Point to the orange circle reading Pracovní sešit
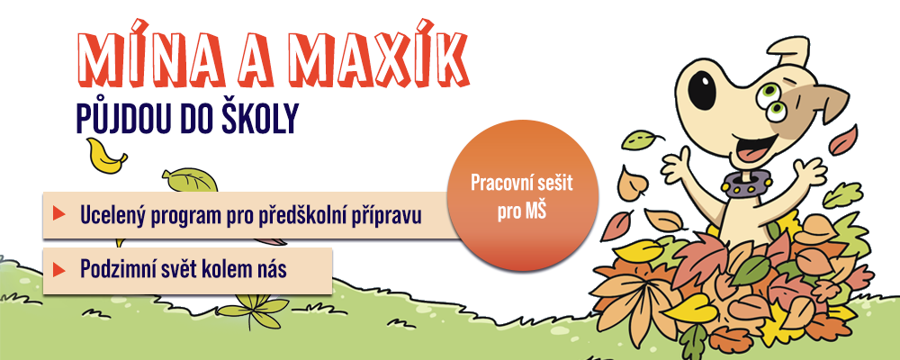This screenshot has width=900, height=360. [522, 195]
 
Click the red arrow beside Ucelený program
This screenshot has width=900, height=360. [58, 214]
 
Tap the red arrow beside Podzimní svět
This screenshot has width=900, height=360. [58, 269]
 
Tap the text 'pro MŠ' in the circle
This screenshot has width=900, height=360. [522, 212]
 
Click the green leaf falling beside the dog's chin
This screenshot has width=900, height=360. [641, 139]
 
